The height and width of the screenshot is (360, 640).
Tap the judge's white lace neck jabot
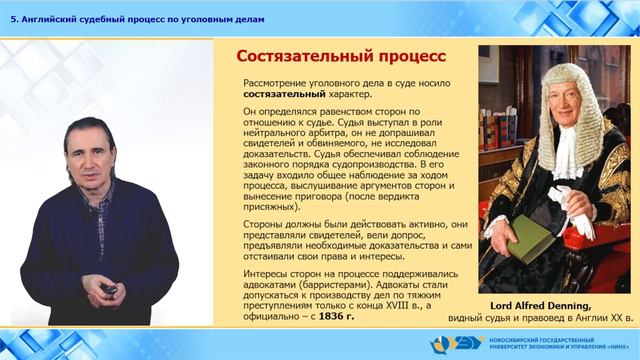(567, 150)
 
